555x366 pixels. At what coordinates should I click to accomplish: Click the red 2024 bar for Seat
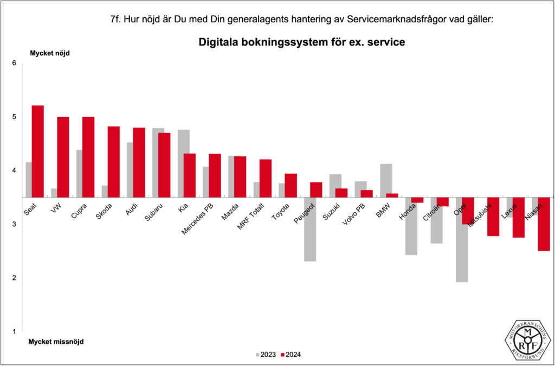(x=37, y=151)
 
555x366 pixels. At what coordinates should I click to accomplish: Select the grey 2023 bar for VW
(x=54, y=193)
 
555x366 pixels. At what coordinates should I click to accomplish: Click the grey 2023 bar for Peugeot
(x=309, y=229)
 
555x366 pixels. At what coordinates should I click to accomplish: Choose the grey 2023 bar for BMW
(x=386, y=180)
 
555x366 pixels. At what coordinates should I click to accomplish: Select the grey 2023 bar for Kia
(x=183, y=164)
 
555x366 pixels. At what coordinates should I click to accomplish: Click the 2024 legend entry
(x=291, y=355)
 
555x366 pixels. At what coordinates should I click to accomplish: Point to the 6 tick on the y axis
(x=15, y=63)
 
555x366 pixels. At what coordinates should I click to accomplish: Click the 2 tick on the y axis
(x=15, y=278)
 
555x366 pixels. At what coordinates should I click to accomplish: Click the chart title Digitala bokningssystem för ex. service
(x=302, y=42)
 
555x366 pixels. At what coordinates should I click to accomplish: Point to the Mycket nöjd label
(x=49, y=53)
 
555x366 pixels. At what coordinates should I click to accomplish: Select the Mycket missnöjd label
(x=56, y=342)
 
